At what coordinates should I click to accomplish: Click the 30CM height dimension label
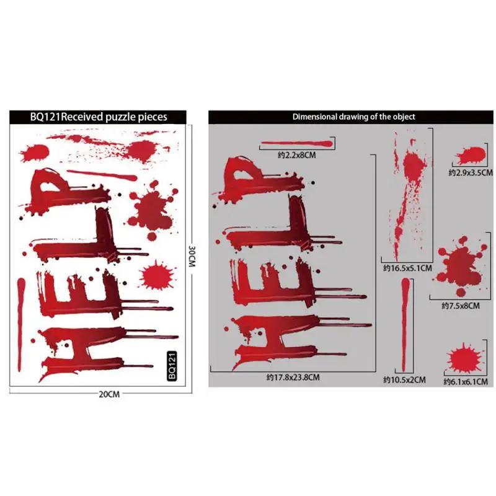pos(193,254)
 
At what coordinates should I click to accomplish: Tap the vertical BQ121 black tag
pos(174,366)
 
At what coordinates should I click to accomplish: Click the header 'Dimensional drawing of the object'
pos(353,117)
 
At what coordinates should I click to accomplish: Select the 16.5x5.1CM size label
pos(406,269)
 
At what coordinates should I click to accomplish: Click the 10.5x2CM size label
pos(404,379)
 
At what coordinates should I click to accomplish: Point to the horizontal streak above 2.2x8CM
pos(298,144)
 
